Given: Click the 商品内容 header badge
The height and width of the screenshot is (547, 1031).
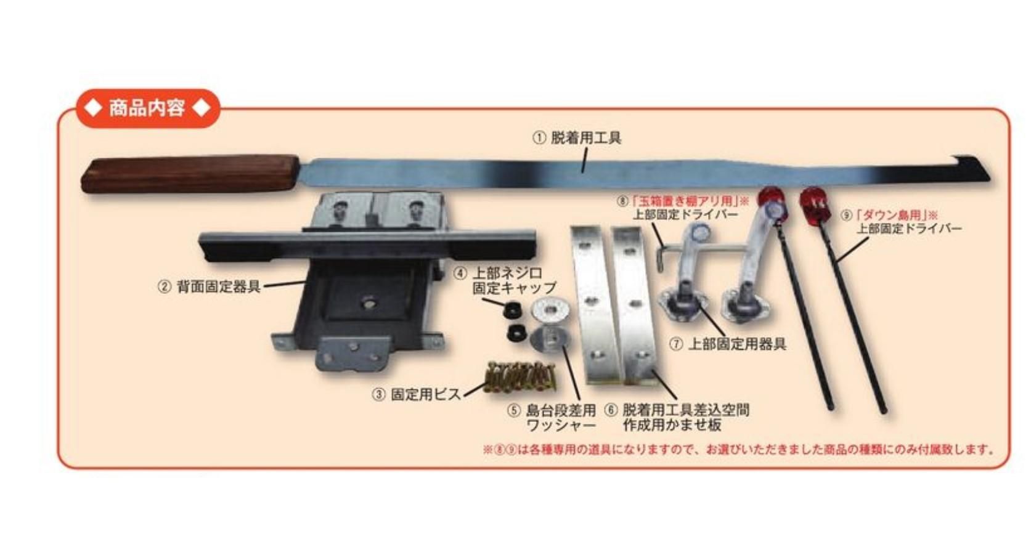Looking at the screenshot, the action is [x=148, y=108].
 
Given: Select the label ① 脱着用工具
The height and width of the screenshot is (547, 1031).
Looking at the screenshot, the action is [x=577, y=137].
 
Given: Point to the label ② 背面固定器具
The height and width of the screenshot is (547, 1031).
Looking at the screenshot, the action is [x=210, y=287].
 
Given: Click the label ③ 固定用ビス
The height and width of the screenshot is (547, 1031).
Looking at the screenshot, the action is [x=416, y=394].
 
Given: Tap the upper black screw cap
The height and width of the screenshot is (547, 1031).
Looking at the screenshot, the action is [x=512, y=310].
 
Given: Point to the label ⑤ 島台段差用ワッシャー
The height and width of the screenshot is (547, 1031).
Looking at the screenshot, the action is [x=552, y=417].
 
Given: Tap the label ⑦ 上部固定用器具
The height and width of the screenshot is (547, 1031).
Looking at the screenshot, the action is [x=728, y=344].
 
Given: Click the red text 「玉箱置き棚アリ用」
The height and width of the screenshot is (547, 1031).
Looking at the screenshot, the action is [x=685, y=201].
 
